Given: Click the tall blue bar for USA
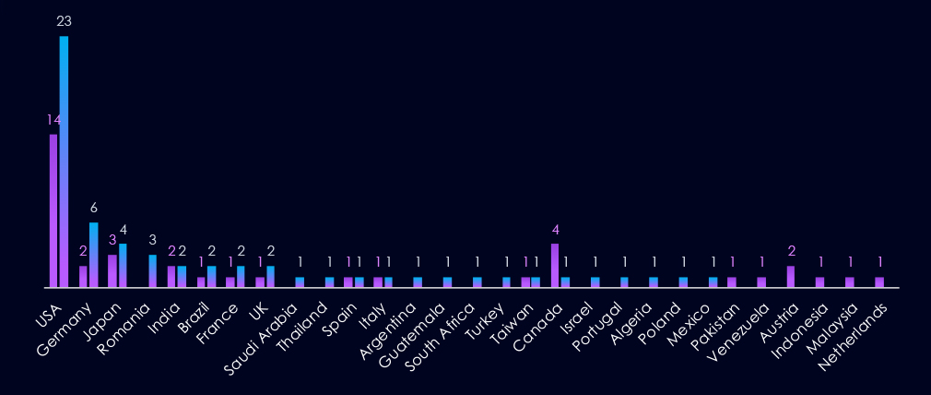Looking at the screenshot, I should click(64, 162).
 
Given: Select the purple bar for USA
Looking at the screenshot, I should click(53, 210).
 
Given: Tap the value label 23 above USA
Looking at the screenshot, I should click(65, 21).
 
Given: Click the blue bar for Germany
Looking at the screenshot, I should click(93, 255).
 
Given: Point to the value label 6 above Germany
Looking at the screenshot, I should click(93, 208).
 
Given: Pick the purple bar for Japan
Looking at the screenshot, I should click(112, 270).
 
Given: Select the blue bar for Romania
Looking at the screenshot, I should click(153, 270).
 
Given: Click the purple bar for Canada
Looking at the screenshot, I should click(555, 265).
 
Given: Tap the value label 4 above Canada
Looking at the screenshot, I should click(556, 230).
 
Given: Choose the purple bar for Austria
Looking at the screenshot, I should click(791, 276).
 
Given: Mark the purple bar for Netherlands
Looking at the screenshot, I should click(879, 281).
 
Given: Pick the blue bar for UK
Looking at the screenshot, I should click(270, 276).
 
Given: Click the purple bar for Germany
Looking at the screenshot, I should click(83, 276).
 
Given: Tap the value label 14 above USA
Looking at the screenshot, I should click(53, 120).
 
